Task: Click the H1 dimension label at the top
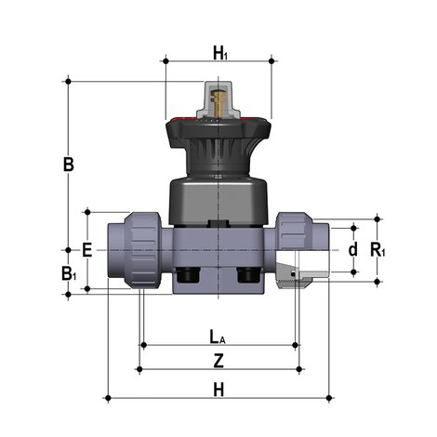[219, 54]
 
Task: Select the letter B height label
[68, 165]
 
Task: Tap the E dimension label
[86, 250]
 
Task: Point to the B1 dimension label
[68, 273]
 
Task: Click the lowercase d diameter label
[352, 249]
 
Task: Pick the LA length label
[216, 335]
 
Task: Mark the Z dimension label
[218, 359]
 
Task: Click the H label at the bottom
[218, 388]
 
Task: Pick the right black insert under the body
[250, 276]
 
